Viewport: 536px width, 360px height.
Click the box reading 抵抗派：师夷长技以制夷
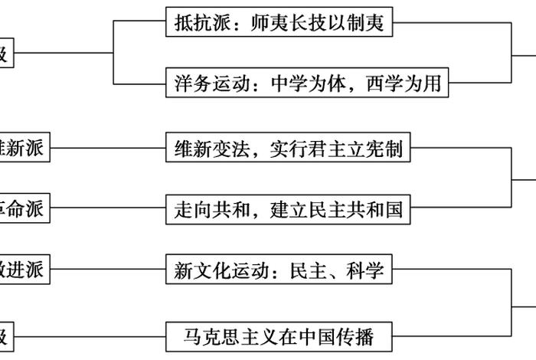tap(279, 23)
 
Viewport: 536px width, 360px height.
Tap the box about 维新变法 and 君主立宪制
tap(289, 149)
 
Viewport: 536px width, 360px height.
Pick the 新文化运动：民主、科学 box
tap(279, 270)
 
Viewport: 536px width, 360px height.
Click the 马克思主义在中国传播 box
tap(279, 335)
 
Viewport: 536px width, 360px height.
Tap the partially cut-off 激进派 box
tap(25, 270)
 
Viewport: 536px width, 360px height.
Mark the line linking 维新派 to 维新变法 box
tap(107, 149)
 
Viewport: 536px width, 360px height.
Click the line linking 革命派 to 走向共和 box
tap(107, 208)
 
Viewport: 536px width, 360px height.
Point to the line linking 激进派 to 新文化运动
tap(107, 270)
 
